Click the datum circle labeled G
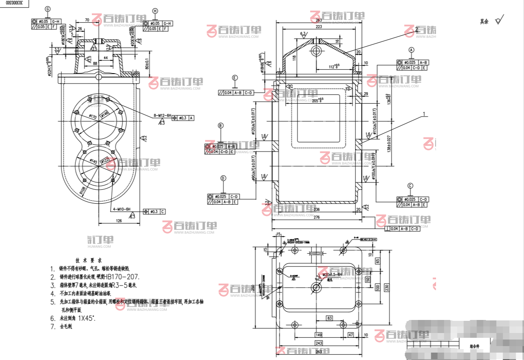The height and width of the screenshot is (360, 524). [47, 9]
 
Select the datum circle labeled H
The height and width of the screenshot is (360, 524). [156, 11]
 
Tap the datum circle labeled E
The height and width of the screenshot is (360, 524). [235, 78]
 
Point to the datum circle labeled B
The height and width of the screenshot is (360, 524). [220, 126]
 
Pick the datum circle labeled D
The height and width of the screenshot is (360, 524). [223, 178]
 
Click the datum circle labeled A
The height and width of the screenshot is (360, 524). [411, 50]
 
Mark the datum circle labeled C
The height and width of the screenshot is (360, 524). [410, 185]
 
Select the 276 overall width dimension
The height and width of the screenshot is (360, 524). [317, 217]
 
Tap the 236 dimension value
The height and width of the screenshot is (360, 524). [317, 209]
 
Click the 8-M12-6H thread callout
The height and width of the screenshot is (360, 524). [162, 115]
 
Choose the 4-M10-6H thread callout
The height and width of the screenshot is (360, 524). [121, 209]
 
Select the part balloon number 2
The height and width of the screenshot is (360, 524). [417, 29]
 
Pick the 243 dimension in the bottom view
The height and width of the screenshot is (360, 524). [318, 343]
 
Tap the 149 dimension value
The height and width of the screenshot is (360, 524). [318, 335]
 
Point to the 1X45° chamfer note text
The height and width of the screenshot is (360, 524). [87, 318]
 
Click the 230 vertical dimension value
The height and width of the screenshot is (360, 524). [386, 288]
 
